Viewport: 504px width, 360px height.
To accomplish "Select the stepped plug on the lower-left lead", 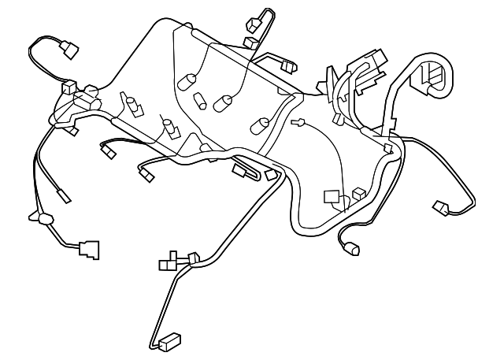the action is click(x=89, y=249).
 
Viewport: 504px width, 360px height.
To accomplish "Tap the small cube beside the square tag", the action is click(x=359, y=191).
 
